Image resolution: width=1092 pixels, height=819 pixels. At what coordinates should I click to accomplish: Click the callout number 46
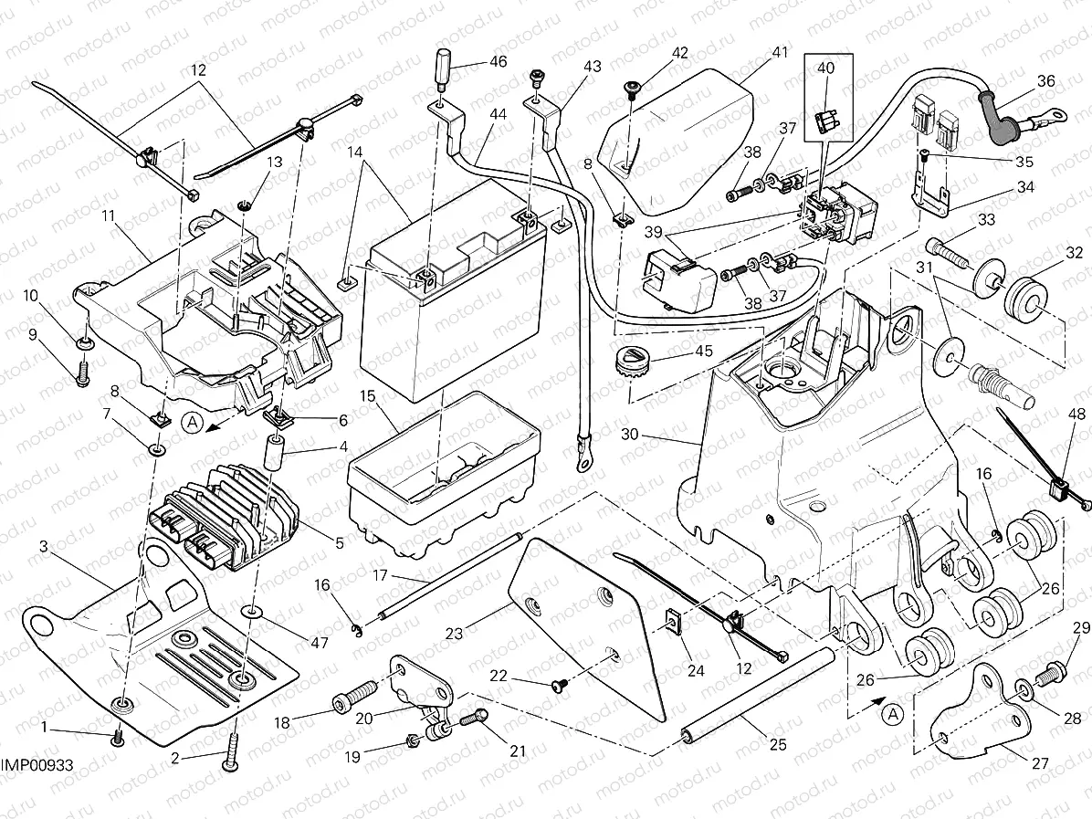click(497, 62)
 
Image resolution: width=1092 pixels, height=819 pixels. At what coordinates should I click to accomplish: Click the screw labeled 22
click(558, 681)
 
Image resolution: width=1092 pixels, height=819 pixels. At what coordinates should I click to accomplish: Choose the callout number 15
click(368, 396)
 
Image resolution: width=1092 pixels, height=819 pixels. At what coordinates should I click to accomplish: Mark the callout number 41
click(778, 52)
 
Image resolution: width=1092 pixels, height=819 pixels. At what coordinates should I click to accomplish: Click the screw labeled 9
click(81, 372)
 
